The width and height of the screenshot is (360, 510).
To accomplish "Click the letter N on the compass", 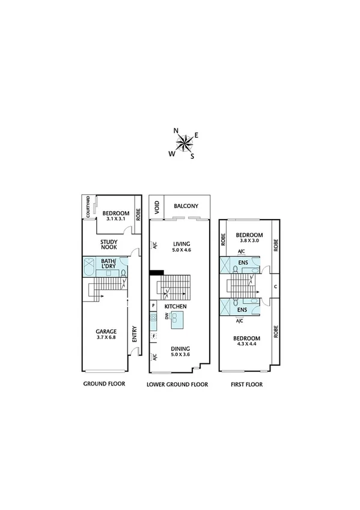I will click(176, 131).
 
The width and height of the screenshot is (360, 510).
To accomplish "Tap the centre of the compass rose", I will click(185, 143).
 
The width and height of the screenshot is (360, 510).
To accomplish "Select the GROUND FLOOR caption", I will click(103, 384).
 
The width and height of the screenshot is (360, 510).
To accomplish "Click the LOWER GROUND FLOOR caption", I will click(177, 384).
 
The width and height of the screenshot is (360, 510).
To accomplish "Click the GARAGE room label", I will click(106, 331).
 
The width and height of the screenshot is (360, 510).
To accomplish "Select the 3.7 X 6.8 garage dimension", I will click(106, 337).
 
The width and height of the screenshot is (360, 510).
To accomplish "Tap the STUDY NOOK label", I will click(109, 245).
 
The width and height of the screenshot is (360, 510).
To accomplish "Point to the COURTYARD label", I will click(88, 206).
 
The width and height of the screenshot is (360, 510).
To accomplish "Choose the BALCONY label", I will click(186, 206).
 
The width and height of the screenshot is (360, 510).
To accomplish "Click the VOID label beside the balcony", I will click(157, 207).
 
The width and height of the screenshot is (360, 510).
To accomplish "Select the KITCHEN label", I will click(177, 307).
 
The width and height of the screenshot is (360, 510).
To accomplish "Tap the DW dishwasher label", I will click(167, 316).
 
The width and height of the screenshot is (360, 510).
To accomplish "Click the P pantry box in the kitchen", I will click(153, 306).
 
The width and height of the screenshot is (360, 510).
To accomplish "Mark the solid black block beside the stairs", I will click(156, 272).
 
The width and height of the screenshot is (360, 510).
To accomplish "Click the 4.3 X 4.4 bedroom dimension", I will click(246, 345).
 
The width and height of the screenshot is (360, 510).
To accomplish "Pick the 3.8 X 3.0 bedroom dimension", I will click(249, 241).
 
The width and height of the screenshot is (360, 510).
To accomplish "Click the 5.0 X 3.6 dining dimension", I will click(180, 354).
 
